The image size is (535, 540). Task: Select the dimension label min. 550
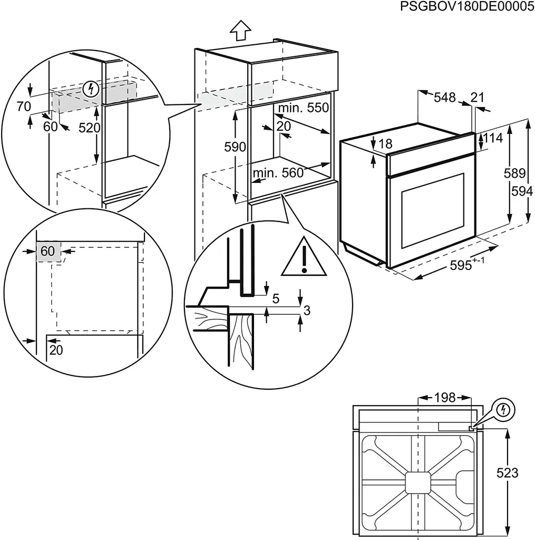coord(303,108)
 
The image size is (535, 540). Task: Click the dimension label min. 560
coord(278,173)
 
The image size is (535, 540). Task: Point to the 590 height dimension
coord(235,148)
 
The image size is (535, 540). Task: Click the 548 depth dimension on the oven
coord(444,98)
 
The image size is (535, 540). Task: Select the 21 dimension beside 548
coord(477,98)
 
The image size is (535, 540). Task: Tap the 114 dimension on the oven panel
coord(493,138)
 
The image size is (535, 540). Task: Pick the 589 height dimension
coord(514,173)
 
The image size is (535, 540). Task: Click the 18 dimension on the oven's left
coord(385,143)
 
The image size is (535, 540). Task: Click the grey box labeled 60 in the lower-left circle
coord(48,252)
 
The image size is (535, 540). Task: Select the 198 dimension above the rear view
coord(444,398)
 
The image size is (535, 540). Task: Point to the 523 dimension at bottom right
coord(507,473)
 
